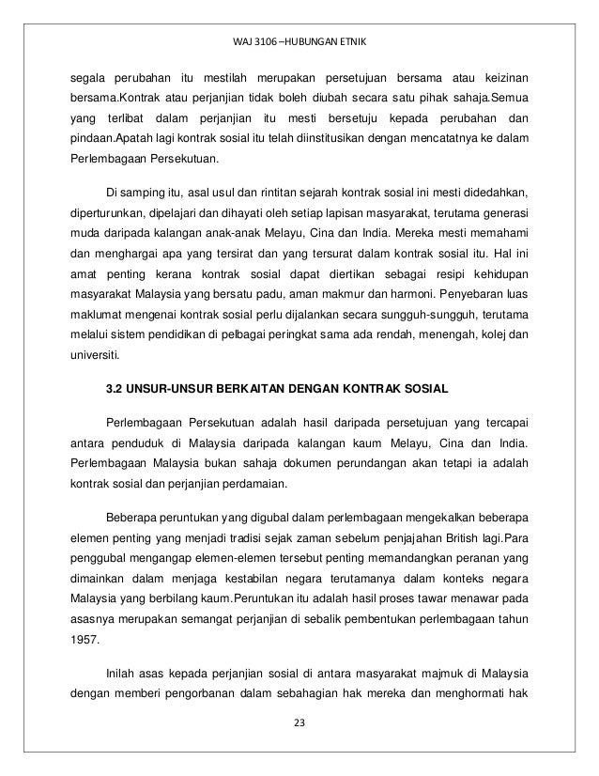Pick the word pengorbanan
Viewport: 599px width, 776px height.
(207, 697)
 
